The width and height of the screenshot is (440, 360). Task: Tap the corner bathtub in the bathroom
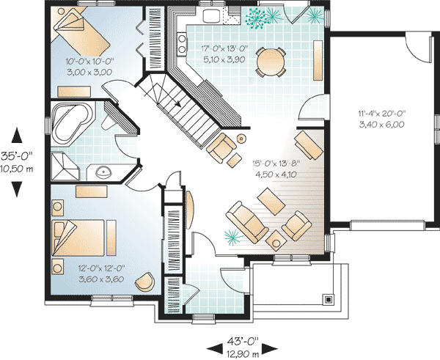[71, 123]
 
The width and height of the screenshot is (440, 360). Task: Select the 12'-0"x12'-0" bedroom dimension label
[101, 268]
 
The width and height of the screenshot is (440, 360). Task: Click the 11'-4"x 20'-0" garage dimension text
[382, 114]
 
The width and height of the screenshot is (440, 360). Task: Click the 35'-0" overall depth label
[17, 155]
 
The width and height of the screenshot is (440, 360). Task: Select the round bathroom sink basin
[103, 172]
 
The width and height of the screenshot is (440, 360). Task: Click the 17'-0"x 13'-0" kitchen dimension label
[224, 48]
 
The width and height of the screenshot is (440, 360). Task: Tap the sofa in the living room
[247, 221]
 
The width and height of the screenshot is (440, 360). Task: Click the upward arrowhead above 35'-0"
[17, 135]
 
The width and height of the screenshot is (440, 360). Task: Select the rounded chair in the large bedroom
[144, 282]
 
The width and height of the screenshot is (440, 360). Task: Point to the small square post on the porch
[328, 299]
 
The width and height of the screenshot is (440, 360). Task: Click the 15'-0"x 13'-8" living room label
[276, 163]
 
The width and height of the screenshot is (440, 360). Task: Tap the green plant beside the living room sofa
[233, 238]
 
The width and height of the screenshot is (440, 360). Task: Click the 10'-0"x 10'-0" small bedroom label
[89, 61]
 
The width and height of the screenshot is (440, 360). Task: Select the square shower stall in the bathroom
[65, 166]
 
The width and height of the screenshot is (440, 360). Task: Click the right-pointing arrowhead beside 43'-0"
[270, 348]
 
